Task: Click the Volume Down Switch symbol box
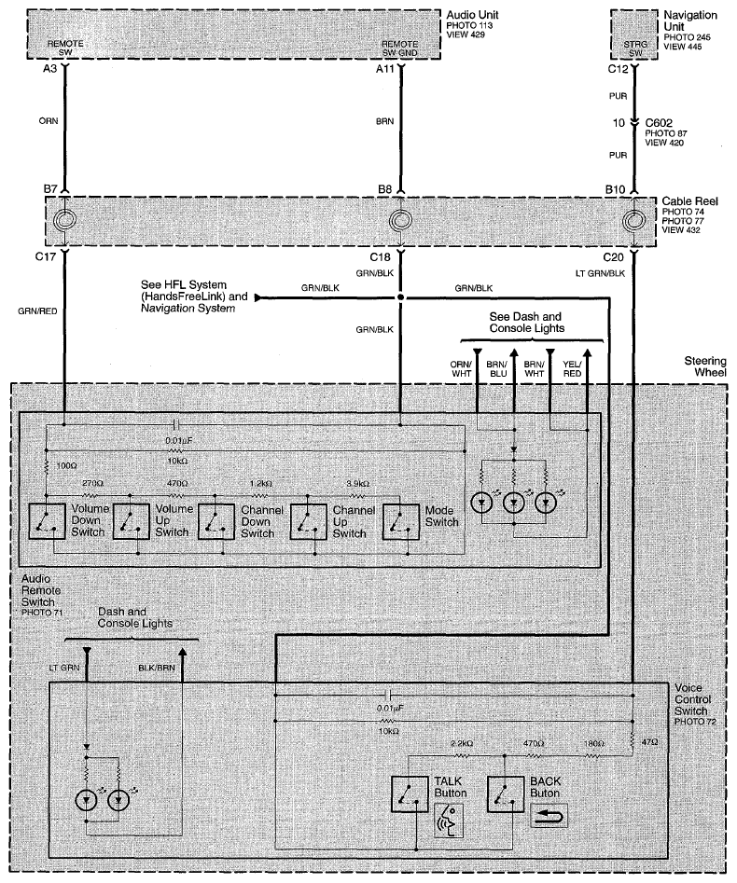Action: pyautogui.click(x=47, y=521)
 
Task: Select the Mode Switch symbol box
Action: pyautogui.click(x=400, y=521)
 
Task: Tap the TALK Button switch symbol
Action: pyautogui.click(x=410, y=794)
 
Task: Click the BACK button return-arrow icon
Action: pyautogui.click(x=549, y=815)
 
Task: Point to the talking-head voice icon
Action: pyautogui.click(x=449, y=821)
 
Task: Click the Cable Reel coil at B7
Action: pyautogui.click(x=64, y=220)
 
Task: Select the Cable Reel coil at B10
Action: pyautogui.click(x=633, y=220)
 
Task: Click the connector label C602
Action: pyautogui.click(x=659, y=123)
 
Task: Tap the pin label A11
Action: pyautogui.click(x=385, y=69)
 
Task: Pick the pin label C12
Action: pyautogui.click(x=618, y=69)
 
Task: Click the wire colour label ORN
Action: pyautogui.click(x=49, y=120)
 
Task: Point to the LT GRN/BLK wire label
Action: pyautogui.click(x=600, y=273)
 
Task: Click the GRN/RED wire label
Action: pyautogui.click(x=37, y=310)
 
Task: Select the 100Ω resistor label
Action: pyautogui.click(x=66, y=466)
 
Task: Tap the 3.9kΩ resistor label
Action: pyautogui.click(x=357, y=484)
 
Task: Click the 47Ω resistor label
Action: pyautogui.click(x=649, y=742)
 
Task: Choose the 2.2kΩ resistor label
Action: pyautogui.click(x=462, y=743)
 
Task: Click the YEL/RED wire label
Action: pyautogui.click(x=572, y=369)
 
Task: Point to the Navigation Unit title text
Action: pyautogui.click(x=690, y=21)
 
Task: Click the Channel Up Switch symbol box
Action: pyautogui.click(x=308, y=521)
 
